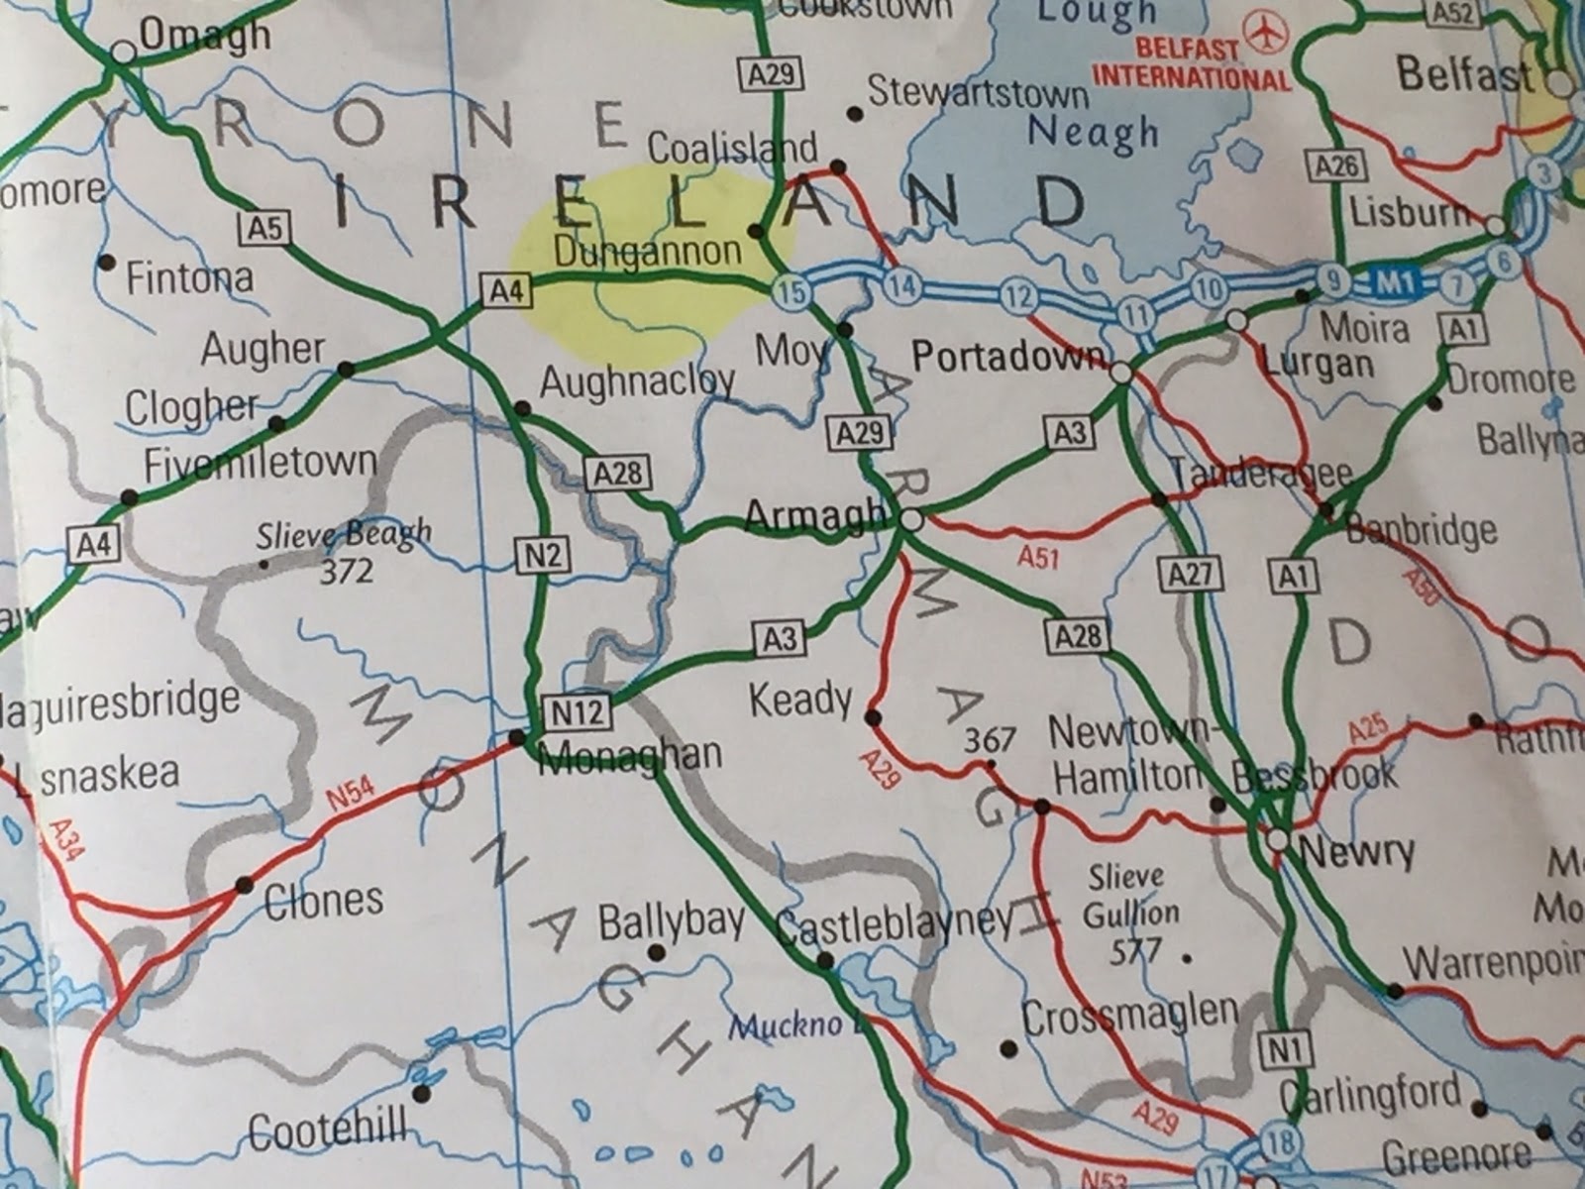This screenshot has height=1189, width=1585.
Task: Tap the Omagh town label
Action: tap(204, 37)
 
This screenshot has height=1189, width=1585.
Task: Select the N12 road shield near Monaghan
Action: tap(577, 711)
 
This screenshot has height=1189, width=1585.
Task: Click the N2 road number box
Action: tap(543, 554)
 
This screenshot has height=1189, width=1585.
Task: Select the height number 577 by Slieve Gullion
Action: tap(1135, 952)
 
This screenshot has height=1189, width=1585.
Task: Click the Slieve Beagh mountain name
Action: tap(344, 536)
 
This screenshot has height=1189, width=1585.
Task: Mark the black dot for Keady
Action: tap(873, 717)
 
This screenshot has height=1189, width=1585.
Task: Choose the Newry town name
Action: tap(1356, 851)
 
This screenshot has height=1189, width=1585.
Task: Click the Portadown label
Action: tap(1006, 357)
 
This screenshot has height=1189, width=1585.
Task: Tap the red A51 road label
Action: tap(1037, 557)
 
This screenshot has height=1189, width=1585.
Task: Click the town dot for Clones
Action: tap(244, 885)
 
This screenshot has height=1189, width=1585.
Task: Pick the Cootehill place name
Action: tap(327, 1131)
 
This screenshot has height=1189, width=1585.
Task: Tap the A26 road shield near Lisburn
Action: tap(1335, 165)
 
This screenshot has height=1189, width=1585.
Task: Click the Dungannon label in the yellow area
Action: tap(647, 252)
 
